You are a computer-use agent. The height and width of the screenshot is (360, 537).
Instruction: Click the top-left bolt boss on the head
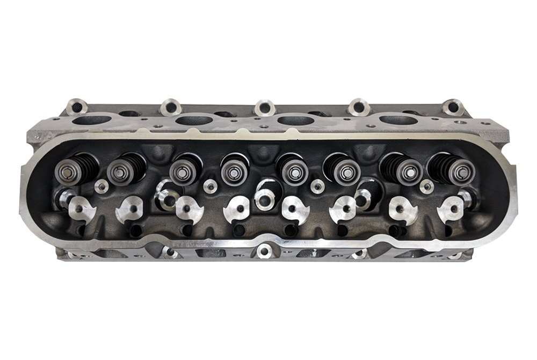click(77, 104)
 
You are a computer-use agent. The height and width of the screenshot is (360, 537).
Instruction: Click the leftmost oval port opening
click(90, 120)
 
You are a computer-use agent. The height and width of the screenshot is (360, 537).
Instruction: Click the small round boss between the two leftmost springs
click(100, 186)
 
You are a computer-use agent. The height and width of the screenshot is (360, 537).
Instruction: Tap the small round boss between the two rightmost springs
click(427, 187)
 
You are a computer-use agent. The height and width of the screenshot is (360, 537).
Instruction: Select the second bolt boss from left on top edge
click(171, 105)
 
